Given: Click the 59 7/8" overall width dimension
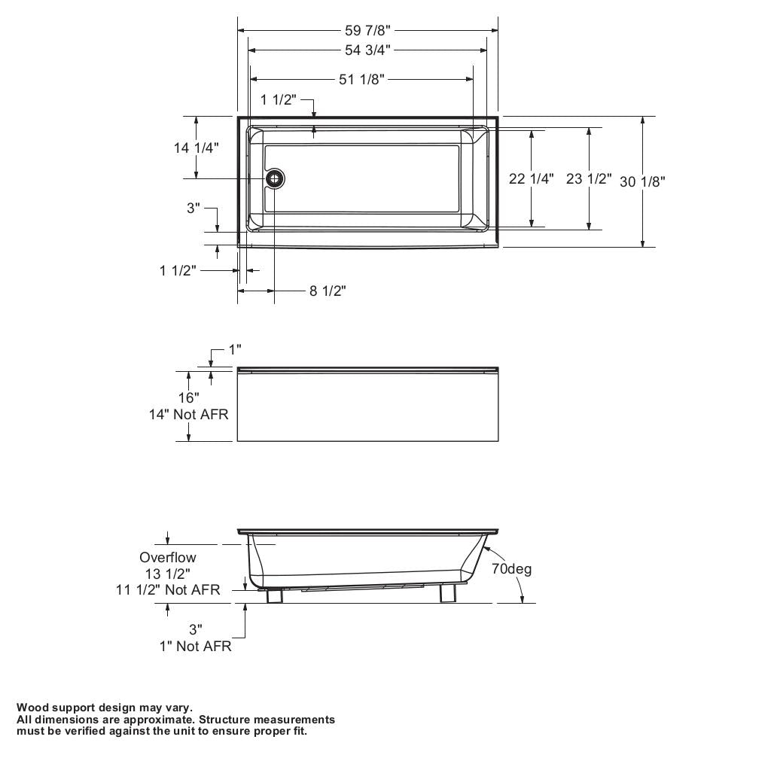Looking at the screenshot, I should (x=368, y=31).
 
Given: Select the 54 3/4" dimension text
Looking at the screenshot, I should (x=367, y=50).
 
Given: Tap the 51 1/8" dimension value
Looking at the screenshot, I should (x=361, y=80).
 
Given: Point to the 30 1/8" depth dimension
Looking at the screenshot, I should (x=642, y=181).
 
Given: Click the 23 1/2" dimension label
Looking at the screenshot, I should (x=589, y=179).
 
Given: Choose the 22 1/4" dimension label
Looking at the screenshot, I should (x=532, y=179).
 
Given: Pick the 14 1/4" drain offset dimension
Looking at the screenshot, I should (x=197, y=148).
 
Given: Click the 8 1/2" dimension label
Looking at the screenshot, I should (x=328, y=291).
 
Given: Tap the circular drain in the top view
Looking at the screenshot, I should (x=275, y=178).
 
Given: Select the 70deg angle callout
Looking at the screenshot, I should (x=512, y=569).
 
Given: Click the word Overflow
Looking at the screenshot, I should (x=167, y=558).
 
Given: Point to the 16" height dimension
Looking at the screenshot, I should (x=188, y=397).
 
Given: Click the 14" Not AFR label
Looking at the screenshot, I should (x=188, y=414).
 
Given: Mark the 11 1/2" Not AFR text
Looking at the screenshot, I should (x=168, y=589).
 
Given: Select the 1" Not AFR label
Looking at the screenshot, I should (x=195, y=647).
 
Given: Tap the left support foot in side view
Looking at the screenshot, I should (x=275, y=595).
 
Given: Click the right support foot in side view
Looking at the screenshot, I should (x=449, y=594).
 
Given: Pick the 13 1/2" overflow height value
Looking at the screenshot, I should (x=168, y=574).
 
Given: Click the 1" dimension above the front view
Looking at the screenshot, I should (x=235, y=350).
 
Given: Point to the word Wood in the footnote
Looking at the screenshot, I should (x=32, y=708).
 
